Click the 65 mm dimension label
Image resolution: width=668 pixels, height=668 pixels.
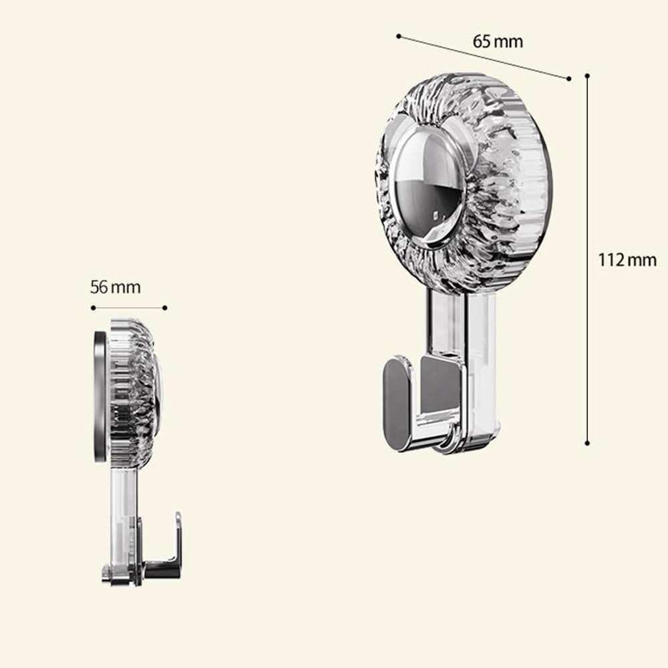pos(498,41)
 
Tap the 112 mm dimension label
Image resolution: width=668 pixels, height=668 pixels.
pos(627,260)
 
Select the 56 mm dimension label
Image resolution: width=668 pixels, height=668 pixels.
pos(116,287)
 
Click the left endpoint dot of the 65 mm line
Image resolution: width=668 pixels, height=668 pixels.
pos(398,36)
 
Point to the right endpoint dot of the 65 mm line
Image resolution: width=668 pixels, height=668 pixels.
pos(568,78)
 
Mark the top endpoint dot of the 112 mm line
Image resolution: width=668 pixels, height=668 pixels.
pos(587,76)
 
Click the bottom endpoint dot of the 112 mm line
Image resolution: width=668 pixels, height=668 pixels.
pos(587,442)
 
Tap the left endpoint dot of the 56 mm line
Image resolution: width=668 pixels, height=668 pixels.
pos(93,308)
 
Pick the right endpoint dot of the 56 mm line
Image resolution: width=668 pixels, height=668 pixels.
pos(165,308)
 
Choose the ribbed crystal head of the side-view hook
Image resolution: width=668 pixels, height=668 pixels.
pos(134,391)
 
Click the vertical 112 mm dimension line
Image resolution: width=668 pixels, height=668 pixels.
pos(587,167)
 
